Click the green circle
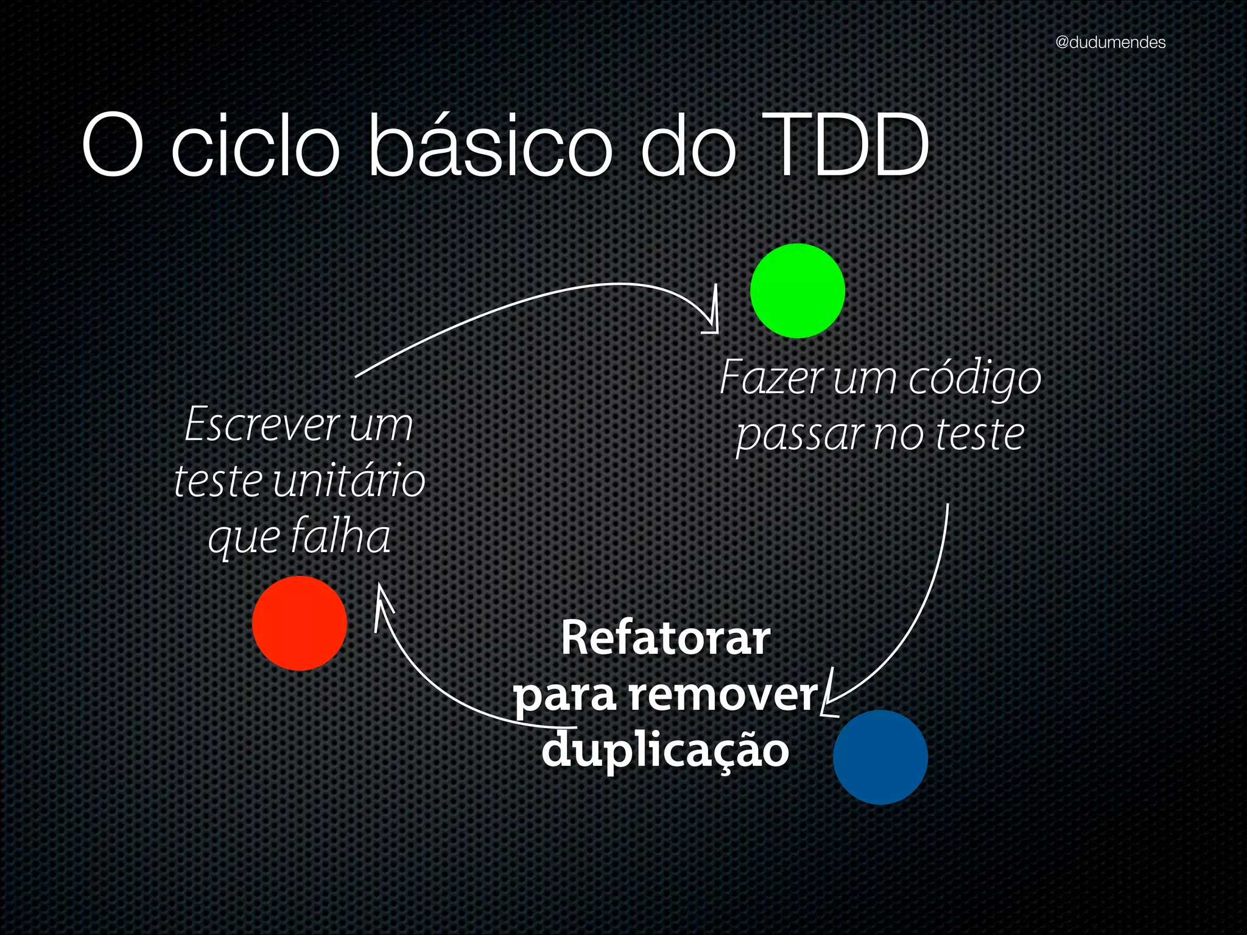point(797,291)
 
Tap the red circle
point(300,623)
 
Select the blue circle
point(880,757)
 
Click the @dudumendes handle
point(1110,43)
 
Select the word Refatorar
point(665,639)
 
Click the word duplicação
point(665,750)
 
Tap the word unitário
point(348,481)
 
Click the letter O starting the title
point(113,147)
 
